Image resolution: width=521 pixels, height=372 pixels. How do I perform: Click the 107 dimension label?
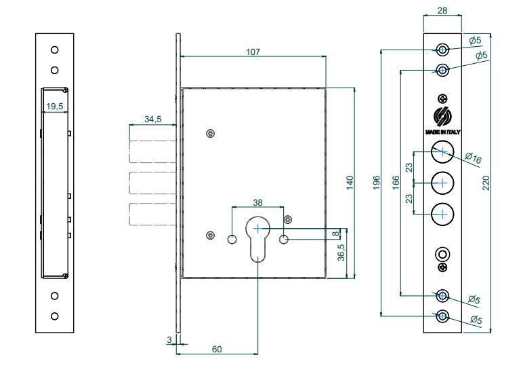pyautogui.click(x=253, y=52)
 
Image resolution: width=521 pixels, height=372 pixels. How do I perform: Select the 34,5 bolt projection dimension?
pyautogui.click(x=152, y=119)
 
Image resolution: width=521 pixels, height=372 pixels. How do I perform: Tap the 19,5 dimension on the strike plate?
pyautogui.click(x=55, y=106)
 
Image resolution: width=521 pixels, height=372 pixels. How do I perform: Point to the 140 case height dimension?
pyautogui.click(x=350, y=183)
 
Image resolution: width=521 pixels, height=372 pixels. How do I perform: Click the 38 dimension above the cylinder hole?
pyautogui.click(x=257, y=202)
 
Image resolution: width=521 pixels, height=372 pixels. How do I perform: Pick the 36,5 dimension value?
pyautogui.click(x=341, y=253)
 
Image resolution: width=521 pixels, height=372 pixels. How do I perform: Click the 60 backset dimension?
pyautogui.click(x=217, y=349)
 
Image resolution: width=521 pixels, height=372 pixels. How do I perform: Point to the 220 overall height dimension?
pyautogui.click(x=486, y=183)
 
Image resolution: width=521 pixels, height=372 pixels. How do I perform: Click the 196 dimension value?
pyautogui.click(x=377, y=183)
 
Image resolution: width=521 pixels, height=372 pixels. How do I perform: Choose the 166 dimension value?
pyautogui.click(x=396, y=183)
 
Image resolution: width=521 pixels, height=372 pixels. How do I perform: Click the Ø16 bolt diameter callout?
pyautogui.click(x=473, y=159)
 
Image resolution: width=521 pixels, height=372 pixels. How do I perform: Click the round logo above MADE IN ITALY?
pyautogui.click(x=442, y=116)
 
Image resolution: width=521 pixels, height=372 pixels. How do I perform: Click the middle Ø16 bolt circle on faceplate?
pyautogui.click(x=442, y=183)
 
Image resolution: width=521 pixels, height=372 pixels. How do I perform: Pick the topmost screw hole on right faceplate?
pyautogui.click(x=442, y=50)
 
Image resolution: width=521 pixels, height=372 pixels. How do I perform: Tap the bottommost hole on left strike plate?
pyautogui.click(x=54, y=316)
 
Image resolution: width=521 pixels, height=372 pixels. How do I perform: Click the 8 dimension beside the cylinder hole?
pyautogui.click(x=335, y=234)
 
